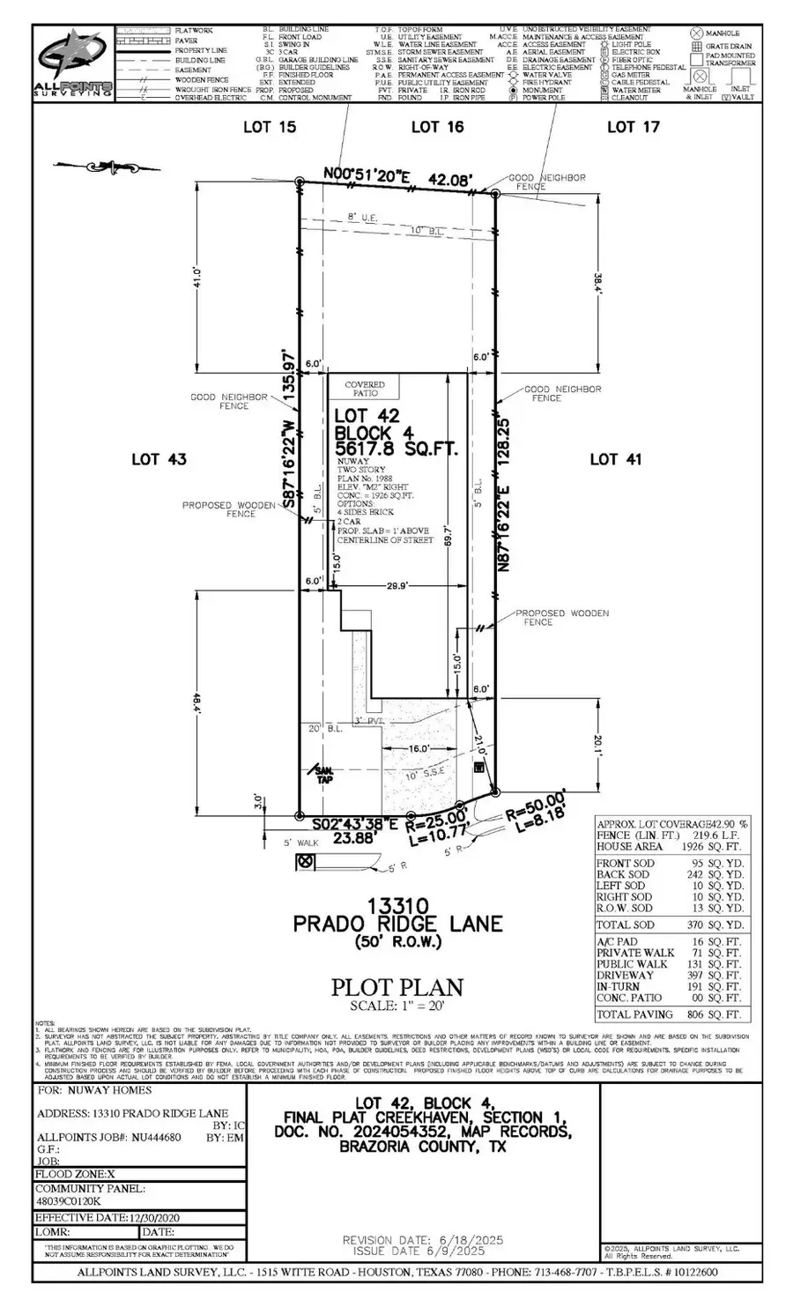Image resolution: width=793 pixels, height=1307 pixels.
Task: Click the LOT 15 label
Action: click(x=270, y=127)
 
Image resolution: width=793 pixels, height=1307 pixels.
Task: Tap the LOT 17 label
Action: click(x=633, y=127)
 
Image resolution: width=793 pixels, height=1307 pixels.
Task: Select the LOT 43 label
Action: click(x=159, y=458)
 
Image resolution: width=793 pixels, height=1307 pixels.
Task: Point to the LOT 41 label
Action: click(x=616, y=458)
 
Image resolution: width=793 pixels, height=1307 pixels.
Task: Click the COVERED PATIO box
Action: click(x=364, y=389)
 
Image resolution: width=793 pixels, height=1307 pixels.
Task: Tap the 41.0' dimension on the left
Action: click(x=198, y=277)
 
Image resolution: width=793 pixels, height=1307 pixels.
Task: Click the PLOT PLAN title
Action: click(x=396, y=987)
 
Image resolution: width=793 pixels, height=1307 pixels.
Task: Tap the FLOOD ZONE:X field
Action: click(x=75, y=1174)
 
